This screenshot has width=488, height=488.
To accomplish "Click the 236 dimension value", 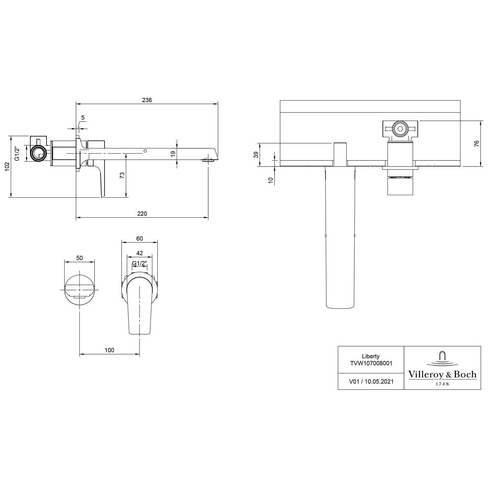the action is tap(147, 100).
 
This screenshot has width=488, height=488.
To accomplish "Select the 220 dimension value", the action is tap(142, 213).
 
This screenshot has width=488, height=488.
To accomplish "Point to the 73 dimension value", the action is tap(122, 175).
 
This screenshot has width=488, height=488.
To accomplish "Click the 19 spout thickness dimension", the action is tap(173, 154).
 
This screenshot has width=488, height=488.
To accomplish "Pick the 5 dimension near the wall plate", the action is tap(83, 117).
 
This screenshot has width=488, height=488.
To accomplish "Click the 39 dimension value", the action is tap(256, 155).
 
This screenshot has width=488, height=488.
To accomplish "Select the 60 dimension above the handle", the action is tap(139, 238).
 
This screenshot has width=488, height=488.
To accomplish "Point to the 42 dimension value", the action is tap(139, 253).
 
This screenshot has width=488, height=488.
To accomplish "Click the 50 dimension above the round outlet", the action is tap(79, 258).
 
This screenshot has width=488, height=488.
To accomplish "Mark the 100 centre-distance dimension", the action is tap(109, 350).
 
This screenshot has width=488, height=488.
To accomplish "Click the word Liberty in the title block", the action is tap(371, 356).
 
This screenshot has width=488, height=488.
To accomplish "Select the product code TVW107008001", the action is tap(371, 363).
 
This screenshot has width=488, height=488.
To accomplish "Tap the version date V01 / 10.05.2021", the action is tap(371, 381).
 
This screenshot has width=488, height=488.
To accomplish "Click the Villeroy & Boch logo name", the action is tap(442, 374).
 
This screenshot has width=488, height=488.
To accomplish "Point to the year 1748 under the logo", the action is tap(442, 384).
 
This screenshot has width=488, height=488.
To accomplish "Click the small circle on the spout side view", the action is tap(145, 151).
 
